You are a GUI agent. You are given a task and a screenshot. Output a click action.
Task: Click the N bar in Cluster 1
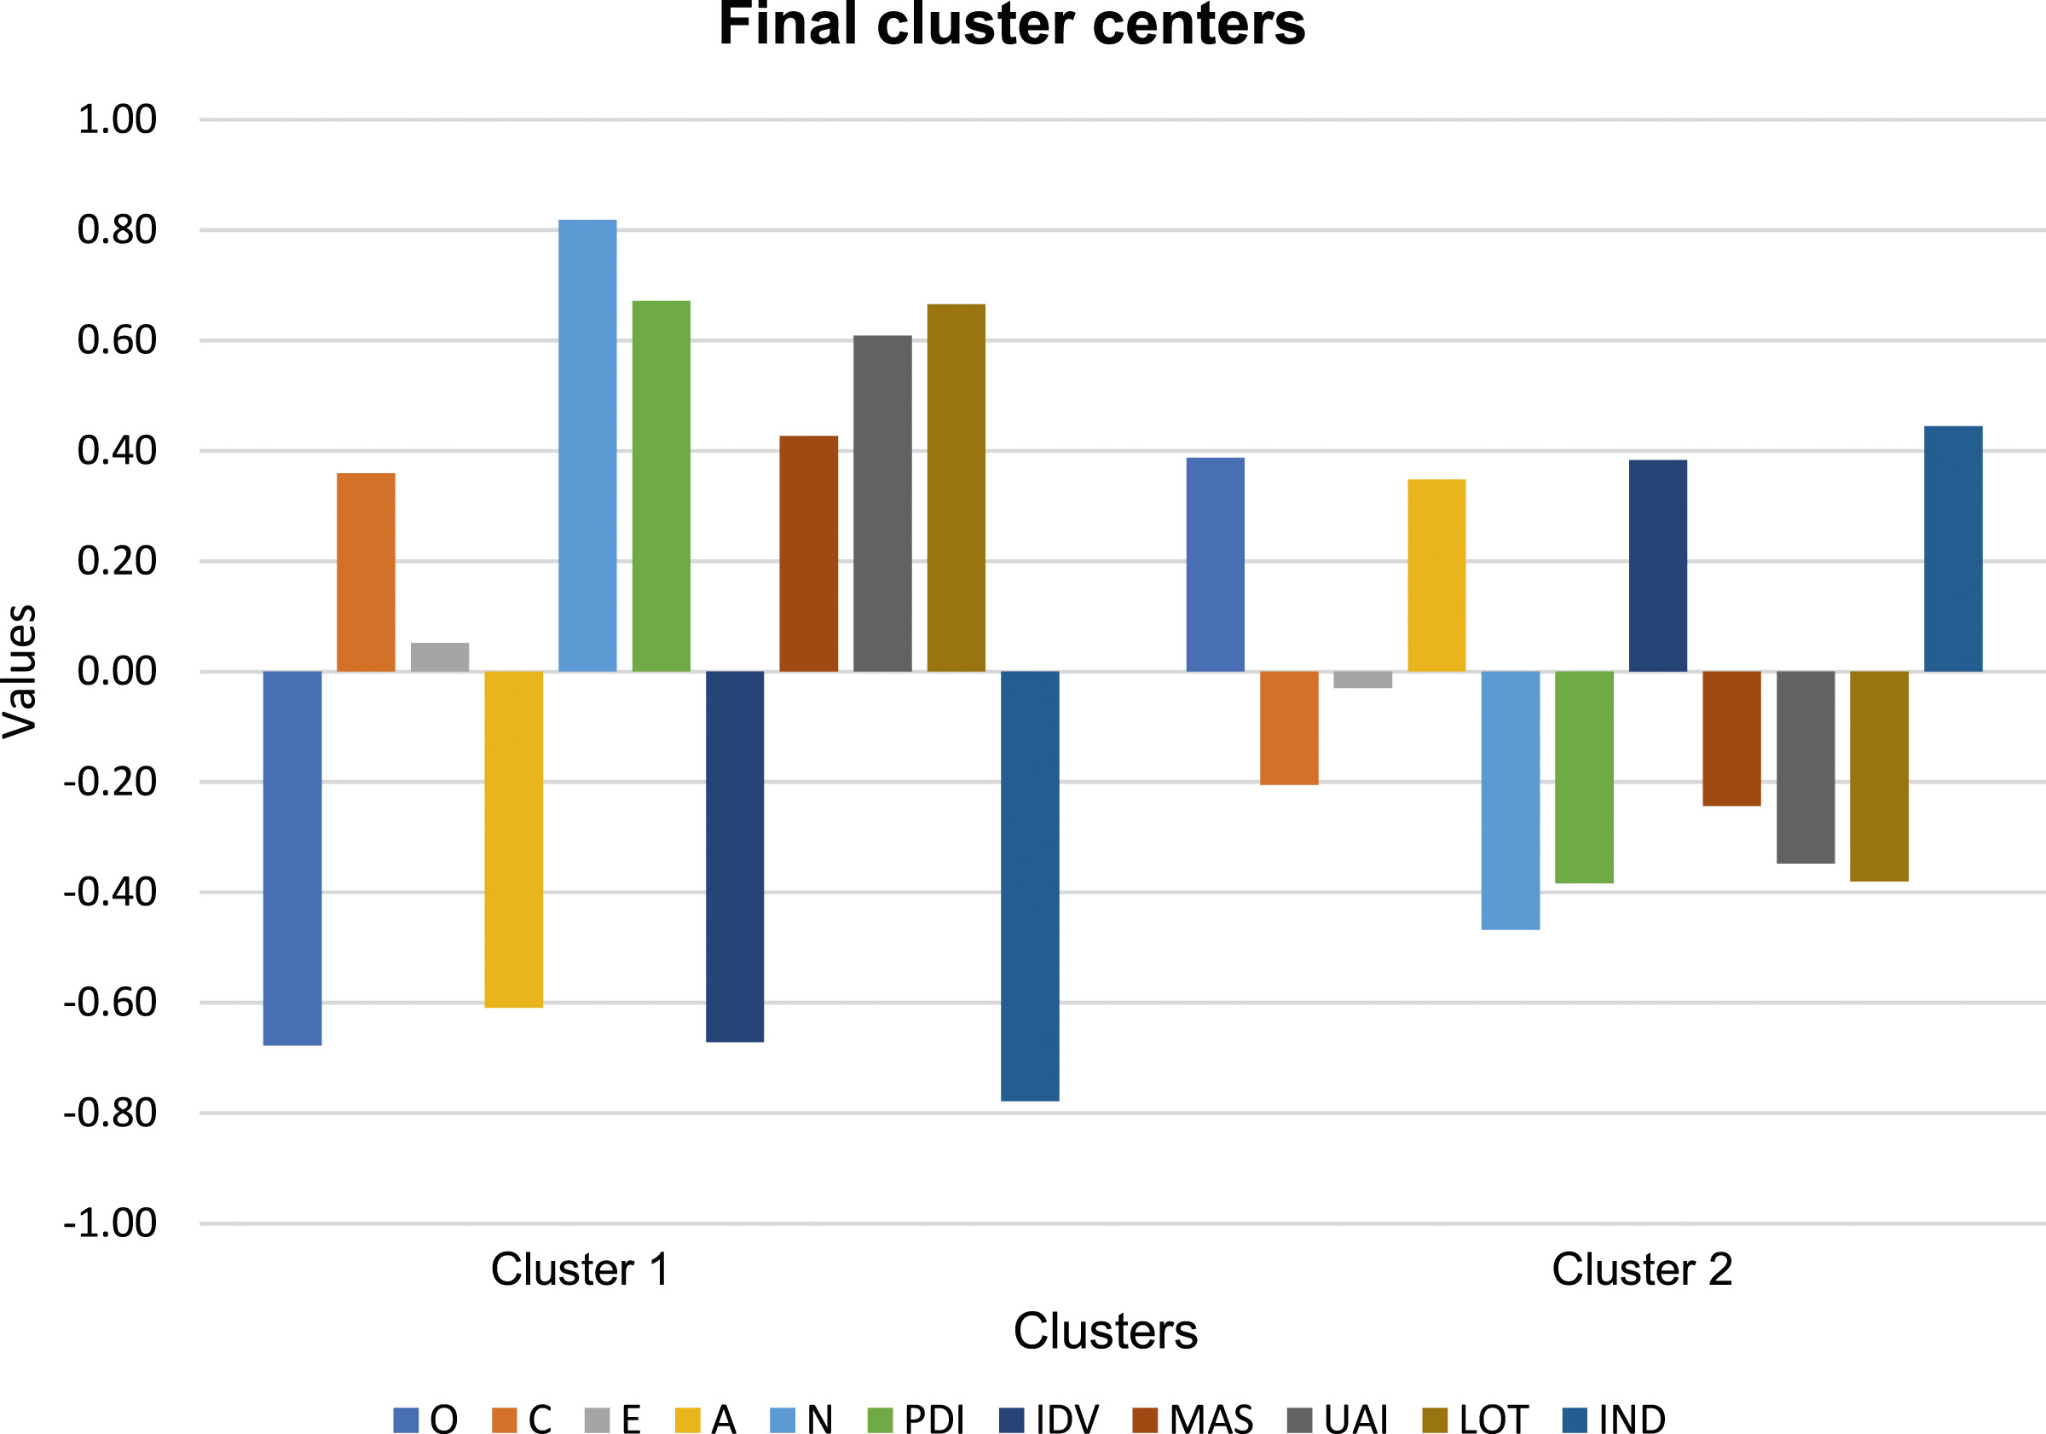point(587,445)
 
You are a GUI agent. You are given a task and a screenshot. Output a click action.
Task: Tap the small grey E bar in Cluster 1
point(439,656)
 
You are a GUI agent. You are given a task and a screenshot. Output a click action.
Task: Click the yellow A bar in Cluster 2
point(1436,575)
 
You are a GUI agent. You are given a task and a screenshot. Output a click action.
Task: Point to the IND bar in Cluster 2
point(1952,548)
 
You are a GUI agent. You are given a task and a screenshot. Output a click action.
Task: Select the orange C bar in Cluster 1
point(366,571)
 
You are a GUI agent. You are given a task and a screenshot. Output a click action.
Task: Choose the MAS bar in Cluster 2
point(1731,738)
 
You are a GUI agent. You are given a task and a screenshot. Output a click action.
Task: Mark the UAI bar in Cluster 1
point(882,503)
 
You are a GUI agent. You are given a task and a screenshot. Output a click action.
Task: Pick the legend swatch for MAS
point(1144,1419)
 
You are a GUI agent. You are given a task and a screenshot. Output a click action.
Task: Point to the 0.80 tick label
point(117,230)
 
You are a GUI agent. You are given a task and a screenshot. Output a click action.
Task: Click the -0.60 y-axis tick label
point(110,1003)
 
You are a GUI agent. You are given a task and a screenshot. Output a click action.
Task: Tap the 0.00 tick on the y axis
point(117,671)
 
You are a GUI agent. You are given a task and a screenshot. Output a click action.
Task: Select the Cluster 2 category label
point(1641,1269)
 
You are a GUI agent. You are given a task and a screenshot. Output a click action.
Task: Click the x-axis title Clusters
point(1105,1332)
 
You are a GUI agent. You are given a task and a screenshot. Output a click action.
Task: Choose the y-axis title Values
point(20,671)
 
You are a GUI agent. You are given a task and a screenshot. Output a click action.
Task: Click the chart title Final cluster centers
point(1011,24)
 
